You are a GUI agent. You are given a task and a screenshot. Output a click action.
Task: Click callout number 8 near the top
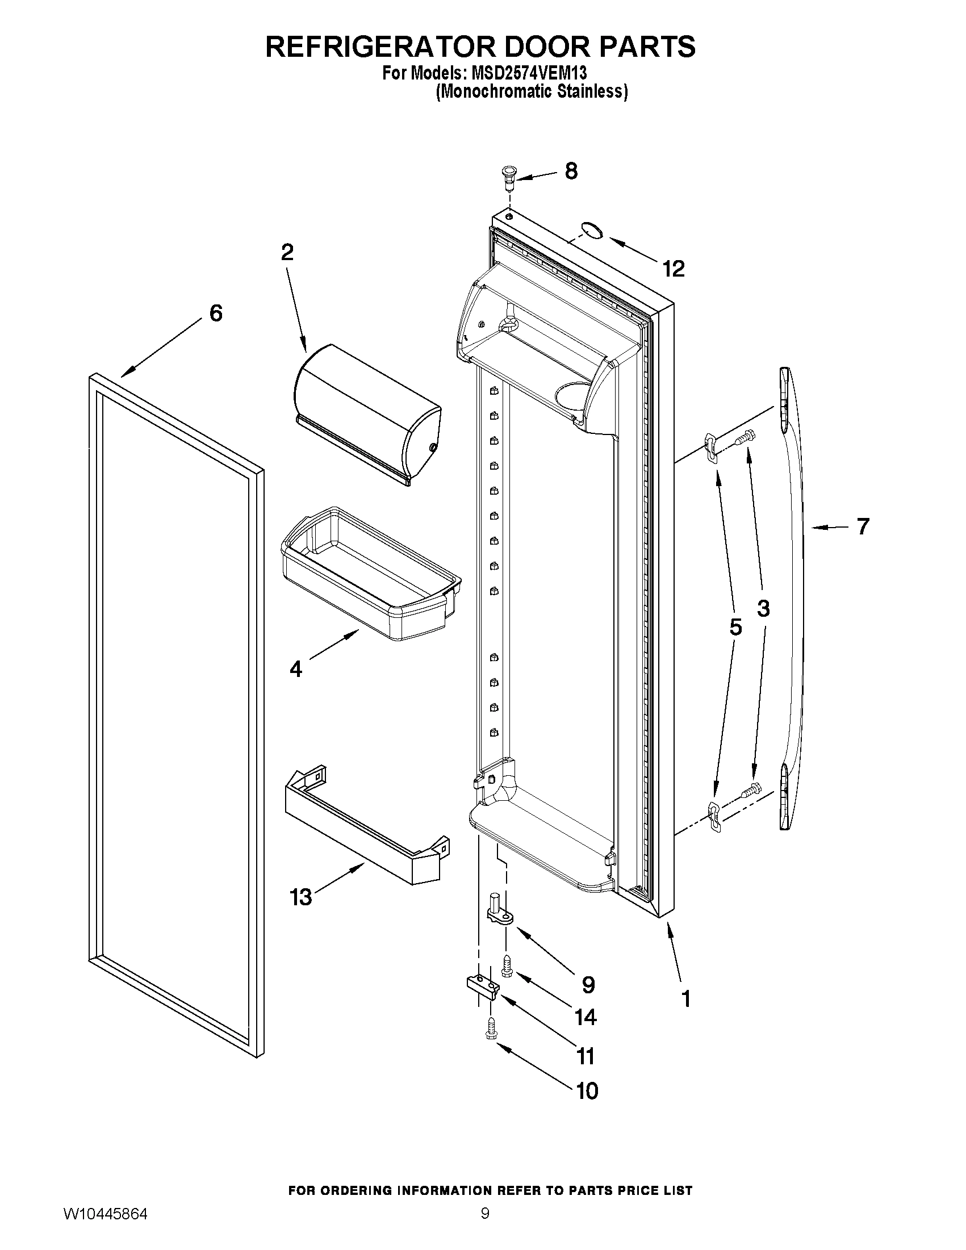[571, 171]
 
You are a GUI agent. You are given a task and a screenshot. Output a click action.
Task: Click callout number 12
[674, 269]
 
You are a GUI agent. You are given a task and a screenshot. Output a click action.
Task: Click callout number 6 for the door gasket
[216, 313]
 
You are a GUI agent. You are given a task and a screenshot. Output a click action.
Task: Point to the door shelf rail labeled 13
[366, 824]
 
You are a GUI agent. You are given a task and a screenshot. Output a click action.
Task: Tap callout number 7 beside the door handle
[863, 526]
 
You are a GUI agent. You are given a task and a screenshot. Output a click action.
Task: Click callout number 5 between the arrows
[735, 628]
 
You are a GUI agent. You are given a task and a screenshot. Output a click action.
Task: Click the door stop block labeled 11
[482, 986]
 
